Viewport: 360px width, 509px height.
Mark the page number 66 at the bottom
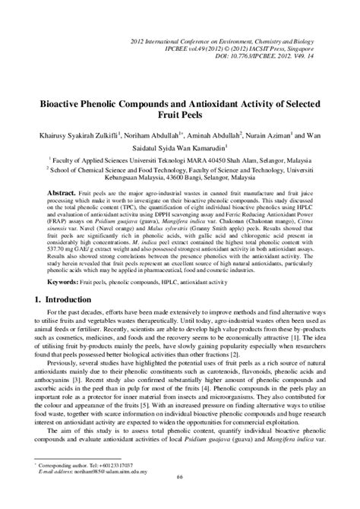click(180, 497)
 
